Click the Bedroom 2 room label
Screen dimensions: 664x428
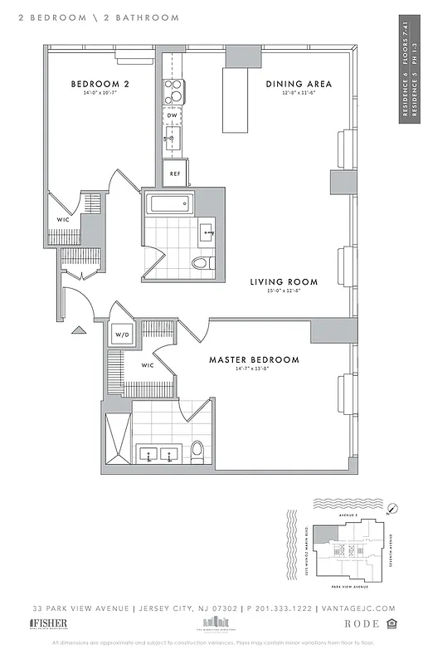pos(99,84)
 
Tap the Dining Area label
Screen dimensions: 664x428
pos(299,84)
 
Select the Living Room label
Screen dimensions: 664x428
pos(284,282)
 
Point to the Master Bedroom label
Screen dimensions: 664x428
pos(254,359)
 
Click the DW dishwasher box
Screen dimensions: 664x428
pos(173,115)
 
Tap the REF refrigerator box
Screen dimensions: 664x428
pos(175,173)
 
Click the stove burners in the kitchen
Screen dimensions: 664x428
pos(173,90)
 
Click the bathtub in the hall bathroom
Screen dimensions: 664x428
pos(168,204)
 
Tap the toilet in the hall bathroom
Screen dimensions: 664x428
pos(200,263)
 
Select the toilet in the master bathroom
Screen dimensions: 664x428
pos(197,451)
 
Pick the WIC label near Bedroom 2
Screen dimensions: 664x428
pos(62,220)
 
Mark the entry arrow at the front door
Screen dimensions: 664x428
pos(79,330)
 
